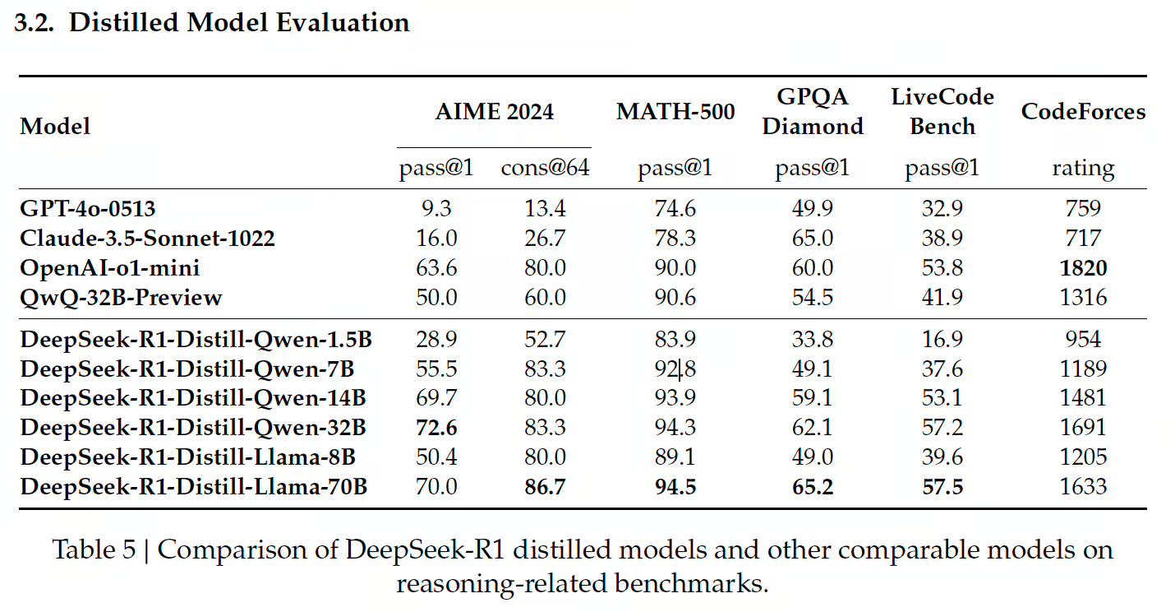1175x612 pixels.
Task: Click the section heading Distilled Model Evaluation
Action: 238,22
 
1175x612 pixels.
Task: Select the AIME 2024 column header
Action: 494,112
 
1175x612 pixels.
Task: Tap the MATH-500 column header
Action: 675,112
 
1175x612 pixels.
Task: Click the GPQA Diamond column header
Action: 812,112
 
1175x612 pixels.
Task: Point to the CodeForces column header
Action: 1083,112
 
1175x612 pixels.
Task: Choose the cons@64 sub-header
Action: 545,168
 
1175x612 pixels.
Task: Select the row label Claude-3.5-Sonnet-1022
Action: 147,239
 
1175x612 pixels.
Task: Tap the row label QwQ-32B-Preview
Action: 121,297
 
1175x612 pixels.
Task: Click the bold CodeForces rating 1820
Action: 1083,268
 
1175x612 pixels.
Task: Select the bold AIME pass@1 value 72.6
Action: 437,428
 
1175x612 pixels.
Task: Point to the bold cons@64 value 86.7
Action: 545,486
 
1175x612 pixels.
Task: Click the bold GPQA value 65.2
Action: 812,486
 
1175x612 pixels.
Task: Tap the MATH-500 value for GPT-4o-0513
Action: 675,208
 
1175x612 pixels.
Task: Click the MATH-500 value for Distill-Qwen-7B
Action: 675,369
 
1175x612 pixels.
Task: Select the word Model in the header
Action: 55,126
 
